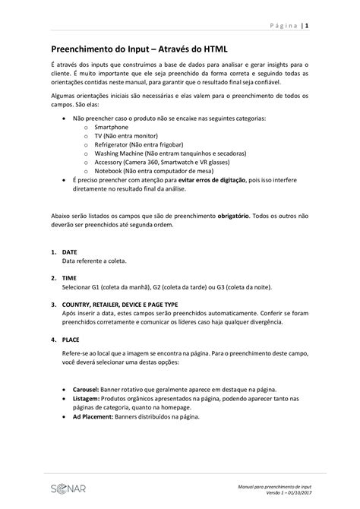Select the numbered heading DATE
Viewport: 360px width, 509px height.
(69, 252)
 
